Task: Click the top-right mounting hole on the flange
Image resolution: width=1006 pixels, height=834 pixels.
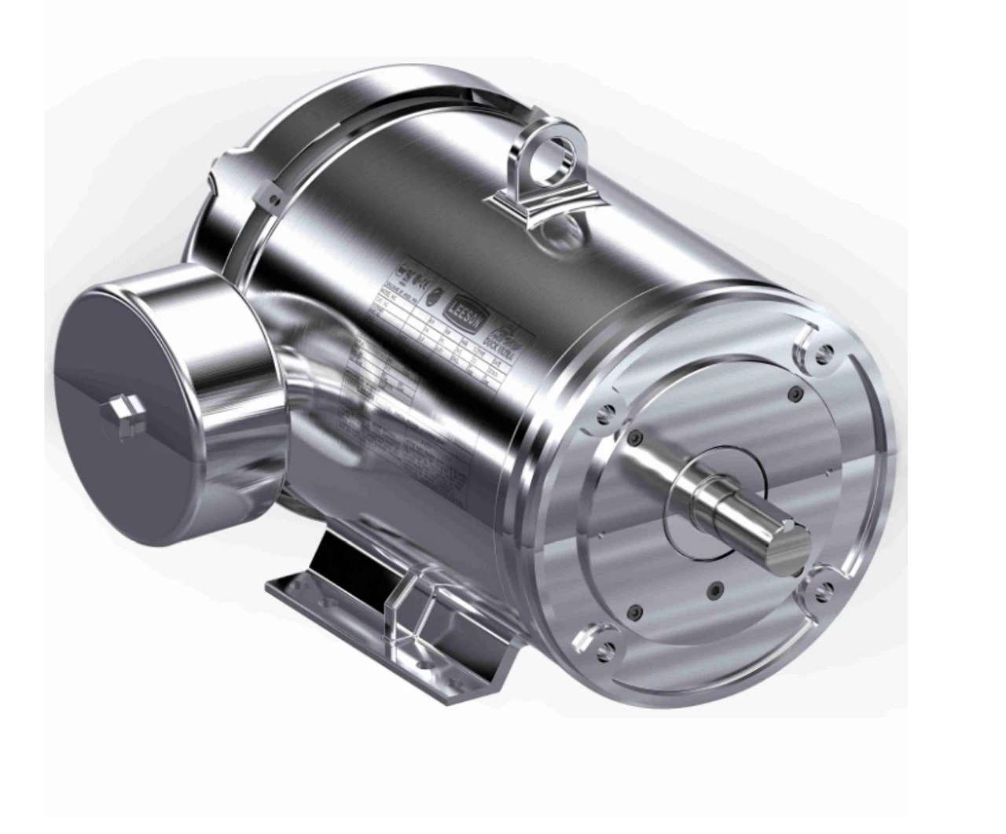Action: pyautogui.click(x=823, y=355)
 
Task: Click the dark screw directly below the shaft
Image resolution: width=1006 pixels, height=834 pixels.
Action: pyautogui.click(x=712, y=589)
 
